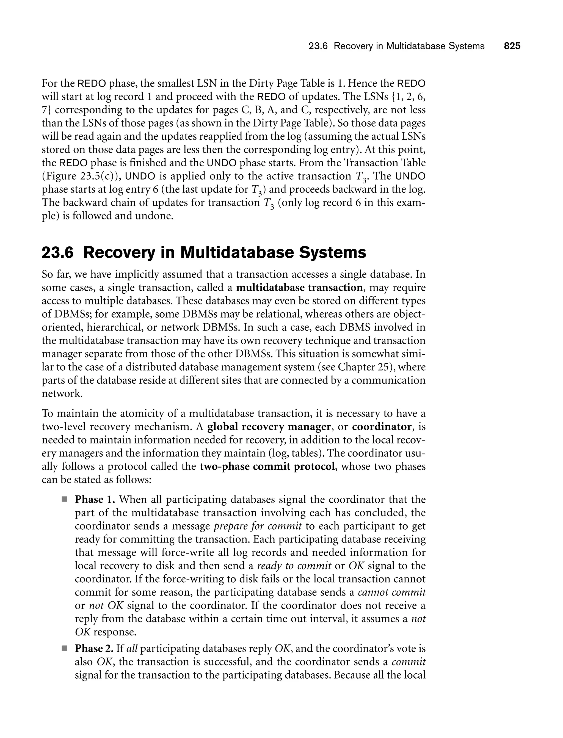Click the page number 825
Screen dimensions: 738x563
coord(512,46)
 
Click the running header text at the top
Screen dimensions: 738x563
coord(396,46)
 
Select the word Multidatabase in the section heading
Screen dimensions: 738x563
coord(239,252)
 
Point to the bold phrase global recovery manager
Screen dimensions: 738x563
coord(269,427)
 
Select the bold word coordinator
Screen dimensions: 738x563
coord(382,427)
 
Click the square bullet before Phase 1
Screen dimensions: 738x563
coord(64,500)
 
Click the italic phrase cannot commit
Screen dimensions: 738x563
coord(392,592)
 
